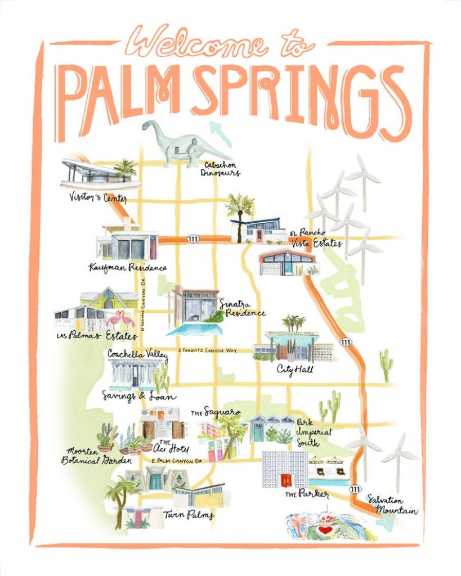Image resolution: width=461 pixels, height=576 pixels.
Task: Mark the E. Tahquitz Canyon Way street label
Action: [x=207, y=351]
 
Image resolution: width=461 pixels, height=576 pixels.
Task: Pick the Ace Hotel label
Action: [x=171, y=448]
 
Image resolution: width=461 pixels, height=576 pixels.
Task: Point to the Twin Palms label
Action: [x=188, y=514]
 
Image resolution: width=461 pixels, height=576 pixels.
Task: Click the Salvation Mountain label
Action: [x=392, y=505]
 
